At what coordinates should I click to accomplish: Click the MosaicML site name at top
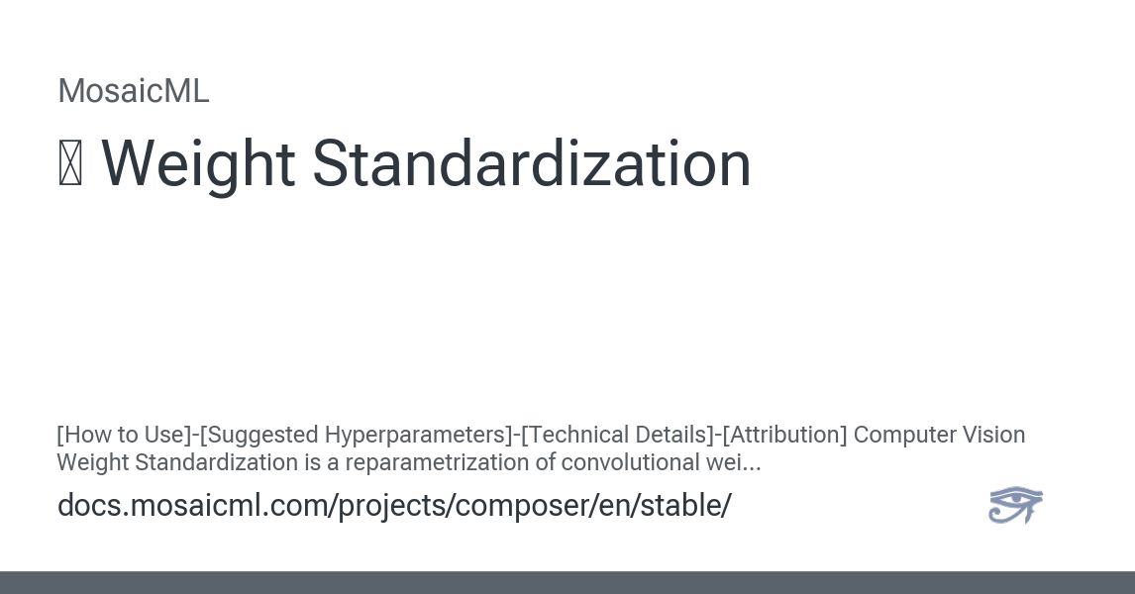133,91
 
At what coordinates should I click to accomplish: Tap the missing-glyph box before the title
69,165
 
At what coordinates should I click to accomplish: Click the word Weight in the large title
198,165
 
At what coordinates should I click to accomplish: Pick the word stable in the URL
685,505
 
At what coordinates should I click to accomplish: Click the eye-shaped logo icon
1015,505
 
